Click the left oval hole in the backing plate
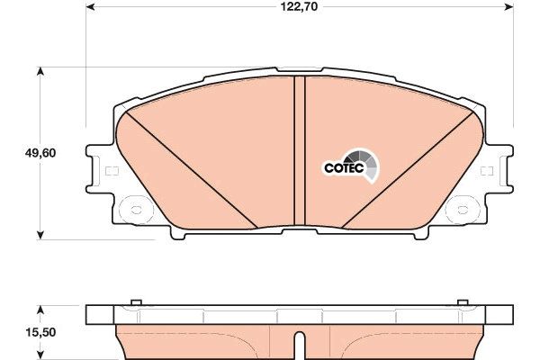136,212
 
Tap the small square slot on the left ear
112,171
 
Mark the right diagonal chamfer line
409,171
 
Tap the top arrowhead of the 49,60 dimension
40,70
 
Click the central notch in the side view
300,342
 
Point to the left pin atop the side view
135,303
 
